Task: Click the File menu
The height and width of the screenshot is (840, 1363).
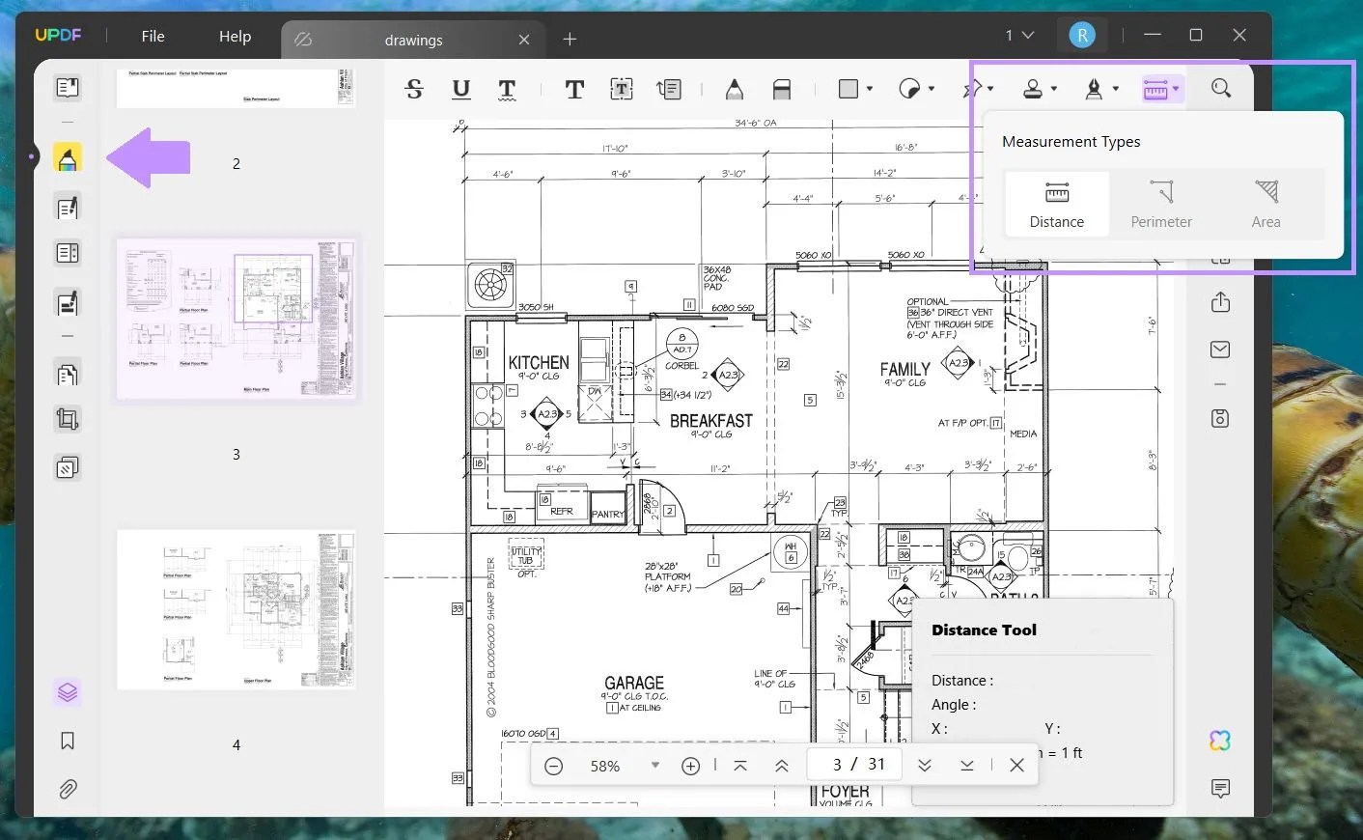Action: coord(153,37)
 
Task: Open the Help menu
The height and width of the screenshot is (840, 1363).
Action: coord(235,37)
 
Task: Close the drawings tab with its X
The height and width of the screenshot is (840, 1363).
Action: coord(524,40)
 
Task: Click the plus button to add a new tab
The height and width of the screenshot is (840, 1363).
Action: coord(570,40)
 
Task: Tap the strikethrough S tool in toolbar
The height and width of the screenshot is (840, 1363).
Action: coord(414,90)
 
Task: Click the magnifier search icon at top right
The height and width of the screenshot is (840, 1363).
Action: coord(1221,89)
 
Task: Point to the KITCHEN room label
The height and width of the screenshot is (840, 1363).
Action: coord(539,363)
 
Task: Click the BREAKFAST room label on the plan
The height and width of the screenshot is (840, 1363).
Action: coord(710,421)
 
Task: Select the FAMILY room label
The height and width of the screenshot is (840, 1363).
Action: coord(904,370)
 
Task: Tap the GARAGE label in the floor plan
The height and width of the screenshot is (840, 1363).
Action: coord(634,683)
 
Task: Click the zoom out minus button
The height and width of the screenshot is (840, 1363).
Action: coord(554,766)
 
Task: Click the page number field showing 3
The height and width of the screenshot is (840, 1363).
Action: coord(837,765)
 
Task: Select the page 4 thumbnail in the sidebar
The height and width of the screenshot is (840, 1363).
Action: coord(236,609)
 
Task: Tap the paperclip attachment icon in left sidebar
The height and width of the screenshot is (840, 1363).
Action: coord(68,790)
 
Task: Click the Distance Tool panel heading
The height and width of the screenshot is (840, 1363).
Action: coord(984,630)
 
